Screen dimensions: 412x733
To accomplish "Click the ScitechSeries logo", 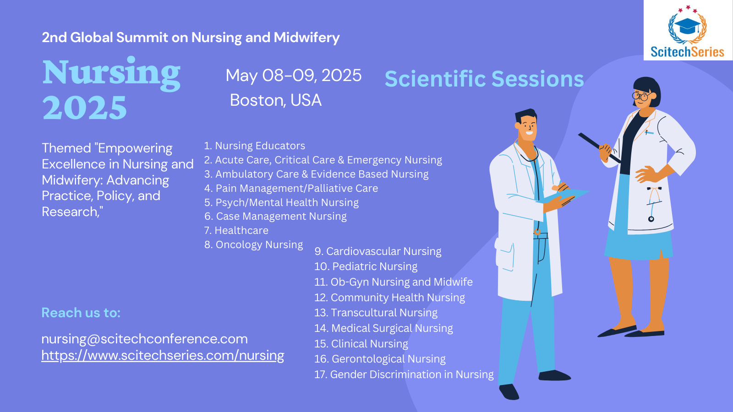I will point(687,32).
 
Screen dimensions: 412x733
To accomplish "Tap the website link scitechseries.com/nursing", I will point(163,355).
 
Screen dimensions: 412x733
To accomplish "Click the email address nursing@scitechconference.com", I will point(144,339).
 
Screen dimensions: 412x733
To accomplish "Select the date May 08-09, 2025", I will point(293,76).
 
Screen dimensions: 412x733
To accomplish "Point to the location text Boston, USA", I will point(275,100).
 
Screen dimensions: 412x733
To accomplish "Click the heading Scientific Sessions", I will point(484,79).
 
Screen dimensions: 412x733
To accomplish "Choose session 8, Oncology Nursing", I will point(253,245).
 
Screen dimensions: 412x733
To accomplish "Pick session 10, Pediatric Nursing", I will point(366,266).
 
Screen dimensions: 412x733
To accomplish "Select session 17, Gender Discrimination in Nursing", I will point(404,374).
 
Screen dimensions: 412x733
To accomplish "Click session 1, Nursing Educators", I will point(254,146).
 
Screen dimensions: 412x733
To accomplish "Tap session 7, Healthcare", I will point(236,230).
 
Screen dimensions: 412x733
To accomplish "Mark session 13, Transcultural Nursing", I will point(376,313).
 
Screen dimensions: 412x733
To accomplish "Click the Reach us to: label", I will point(81,313).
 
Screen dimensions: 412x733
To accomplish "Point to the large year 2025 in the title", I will point(85,108).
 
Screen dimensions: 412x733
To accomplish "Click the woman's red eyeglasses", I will point(641,96).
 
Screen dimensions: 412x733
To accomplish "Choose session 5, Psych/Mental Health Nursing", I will point(281,202).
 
